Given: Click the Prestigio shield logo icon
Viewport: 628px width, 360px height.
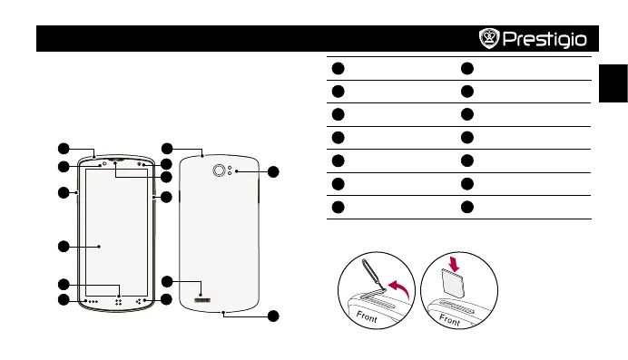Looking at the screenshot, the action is (489, 38).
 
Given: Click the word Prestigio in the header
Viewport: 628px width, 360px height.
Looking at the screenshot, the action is (545, 39).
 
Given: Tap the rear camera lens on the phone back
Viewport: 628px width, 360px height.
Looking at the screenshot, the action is (219, 170).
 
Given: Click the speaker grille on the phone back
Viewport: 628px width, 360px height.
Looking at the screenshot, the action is (202, 300).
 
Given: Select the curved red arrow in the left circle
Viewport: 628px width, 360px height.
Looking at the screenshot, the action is (399, 288).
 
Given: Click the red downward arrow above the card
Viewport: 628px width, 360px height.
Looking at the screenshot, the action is (454, 264).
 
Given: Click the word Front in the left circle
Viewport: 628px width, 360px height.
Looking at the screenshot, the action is (367, 316).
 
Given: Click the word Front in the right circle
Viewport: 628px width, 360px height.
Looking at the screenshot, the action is (449, 319).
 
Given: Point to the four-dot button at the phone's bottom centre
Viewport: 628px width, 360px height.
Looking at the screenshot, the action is (119, 302).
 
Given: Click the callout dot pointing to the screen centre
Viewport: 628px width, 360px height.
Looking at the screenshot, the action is (64, 247).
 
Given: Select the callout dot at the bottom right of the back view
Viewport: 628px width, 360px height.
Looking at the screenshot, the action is (273, 316).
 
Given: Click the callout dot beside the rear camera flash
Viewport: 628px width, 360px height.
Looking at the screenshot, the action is (273, 172).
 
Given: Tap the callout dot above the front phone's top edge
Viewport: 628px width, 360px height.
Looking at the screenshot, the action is (64, 149).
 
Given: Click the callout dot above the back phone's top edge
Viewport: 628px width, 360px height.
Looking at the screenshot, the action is (167, 149).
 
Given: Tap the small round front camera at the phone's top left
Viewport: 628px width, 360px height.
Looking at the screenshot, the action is (105, 163).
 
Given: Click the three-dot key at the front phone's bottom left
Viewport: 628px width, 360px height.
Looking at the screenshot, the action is (93, 302).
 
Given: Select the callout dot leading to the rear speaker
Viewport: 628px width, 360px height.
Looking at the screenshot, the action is (167, 282).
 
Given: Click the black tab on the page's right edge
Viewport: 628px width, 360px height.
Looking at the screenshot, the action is (613, 83).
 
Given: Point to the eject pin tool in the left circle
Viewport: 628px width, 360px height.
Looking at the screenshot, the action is (373, 275).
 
